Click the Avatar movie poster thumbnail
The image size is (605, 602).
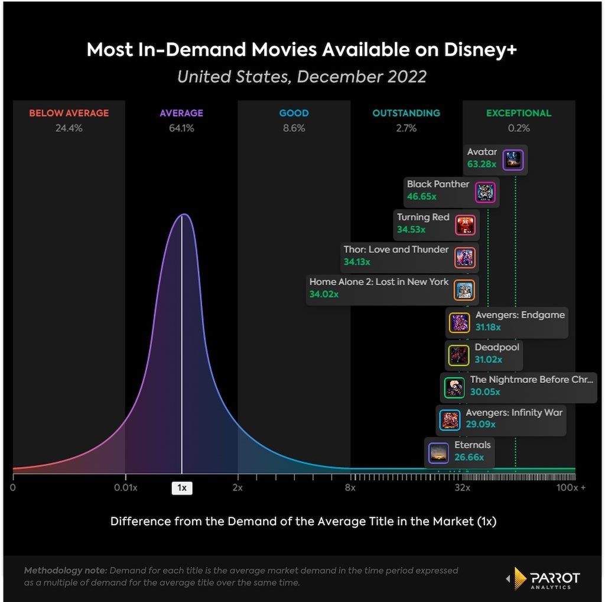click(513, 160)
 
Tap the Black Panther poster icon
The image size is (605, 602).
click(485, 192)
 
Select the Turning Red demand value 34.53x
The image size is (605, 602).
click(411, 229)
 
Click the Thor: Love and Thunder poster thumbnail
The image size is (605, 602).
click(464, 258)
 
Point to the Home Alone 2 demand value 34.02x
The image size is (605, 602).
click(324, 294)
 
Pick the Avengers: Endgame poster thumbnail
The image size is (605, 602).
click(459, 323)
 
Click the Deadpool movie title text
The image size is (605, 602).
click(496, 347)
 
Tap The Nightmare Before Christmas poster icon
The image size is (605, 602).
click(454, 388)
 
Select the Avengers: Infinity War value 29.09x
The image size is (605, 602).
click(480, 424)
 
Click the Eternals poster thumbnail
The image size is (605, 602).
click(439, 453)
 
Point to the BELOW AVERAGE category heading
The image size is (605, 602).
click(69, 113)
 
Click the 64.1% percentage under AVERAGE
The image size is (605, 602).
click(181, 128)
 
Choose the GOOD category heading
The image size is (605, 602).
click(294, 113)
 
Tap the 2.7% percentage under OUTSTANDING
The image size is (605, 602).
click(406, 128)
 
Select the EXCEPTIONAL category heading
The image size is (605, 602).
click(519, 113)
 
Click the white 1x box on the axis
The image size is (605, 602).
click(182, 488)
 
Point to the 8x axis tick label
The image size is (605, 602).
click(350, 488)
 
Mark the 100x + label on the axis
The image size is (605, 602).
click(571, 488)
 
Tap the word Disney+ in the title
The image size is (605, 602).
click(480, 50)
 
